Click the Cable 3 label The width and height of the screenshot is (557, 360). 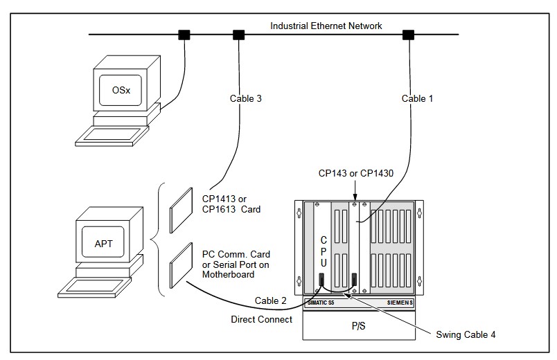(246, 98)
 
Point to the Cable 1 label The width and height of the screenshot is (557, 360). (417, 98)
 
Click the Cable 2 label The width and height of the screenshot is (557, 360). (271, 300)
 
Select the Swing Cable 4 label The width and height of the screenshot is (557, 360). (466, 335)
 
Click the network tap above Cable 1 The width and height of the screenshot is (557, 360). (409, 34)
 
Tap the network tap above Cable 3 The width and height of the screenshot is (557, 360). (239, 34)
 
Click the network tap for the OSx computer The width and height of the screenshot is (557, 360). (184, 34)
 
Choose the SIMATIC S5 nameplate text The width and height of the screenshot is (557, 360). (321, 303)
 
